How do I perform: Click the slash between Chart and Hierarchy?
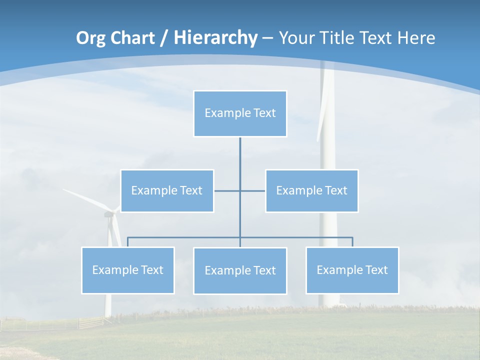pos(164,38)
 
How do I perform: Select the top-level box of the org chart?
pos(240,113)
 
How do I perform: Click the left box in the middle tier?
pos(167,191)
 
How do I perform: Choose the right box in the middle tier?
pos(311,191)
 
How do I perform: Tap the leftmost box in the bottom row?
pos(127,270)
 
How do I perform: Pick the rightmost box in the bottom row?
pos(352,270)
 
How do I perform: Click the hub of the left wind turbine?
pos(108,213)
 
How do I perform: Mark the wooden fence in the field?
pos(90,322)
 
